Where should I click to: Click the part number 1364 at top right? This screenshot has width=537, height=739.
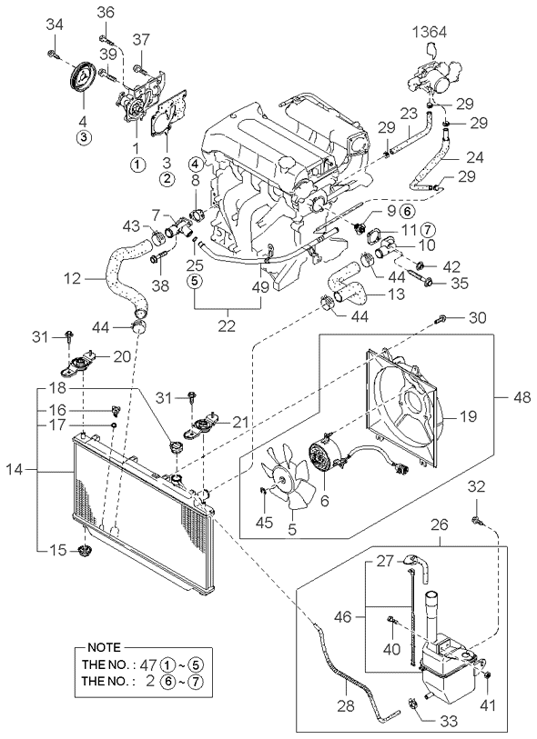click(x=430, y=32)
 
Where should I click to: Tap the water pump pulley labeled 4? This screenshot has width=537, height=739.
click(x=84, y=75)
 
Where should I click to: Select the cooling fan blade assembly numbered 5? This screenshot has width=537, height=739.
click(x=289, y=476)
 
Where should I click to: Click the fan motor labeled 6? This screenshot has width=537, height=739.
click(x=326, y=456)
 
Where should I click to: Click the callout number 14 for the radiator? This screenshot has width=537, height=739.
click(x=15, y=469)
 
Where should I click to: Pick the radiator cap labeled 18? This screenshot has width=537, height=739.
click(x=176, y=445)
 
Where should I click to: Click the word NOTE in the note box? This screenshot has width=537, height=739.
click(x=104, y=647)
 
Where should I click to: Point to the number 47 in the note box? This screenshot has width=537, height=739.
click(x=148, y=664)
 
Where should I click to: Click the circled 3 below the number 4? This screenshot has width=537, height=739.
click(x=83, y=137)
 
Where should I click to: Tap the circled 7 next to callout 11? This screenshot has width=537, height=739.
click(x=426, y=230)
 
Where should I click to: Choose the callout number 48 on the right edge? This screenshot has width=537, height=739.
click(x=522, y=398)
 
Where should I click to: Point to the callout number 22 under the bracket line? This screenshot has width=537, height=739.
click(x=227, y=325)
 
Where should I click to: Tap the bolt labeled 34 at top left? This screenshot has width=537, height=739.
click(x=54, y=55)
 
